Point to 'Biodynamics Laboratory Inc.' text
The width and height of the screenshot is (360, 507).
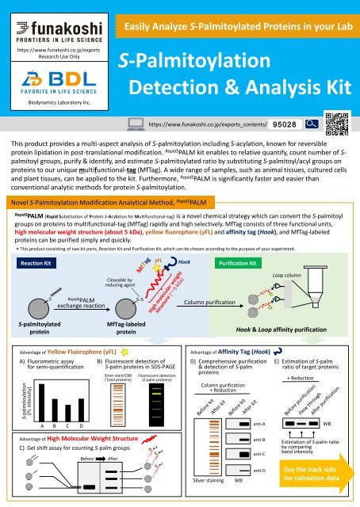(52, 102)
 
